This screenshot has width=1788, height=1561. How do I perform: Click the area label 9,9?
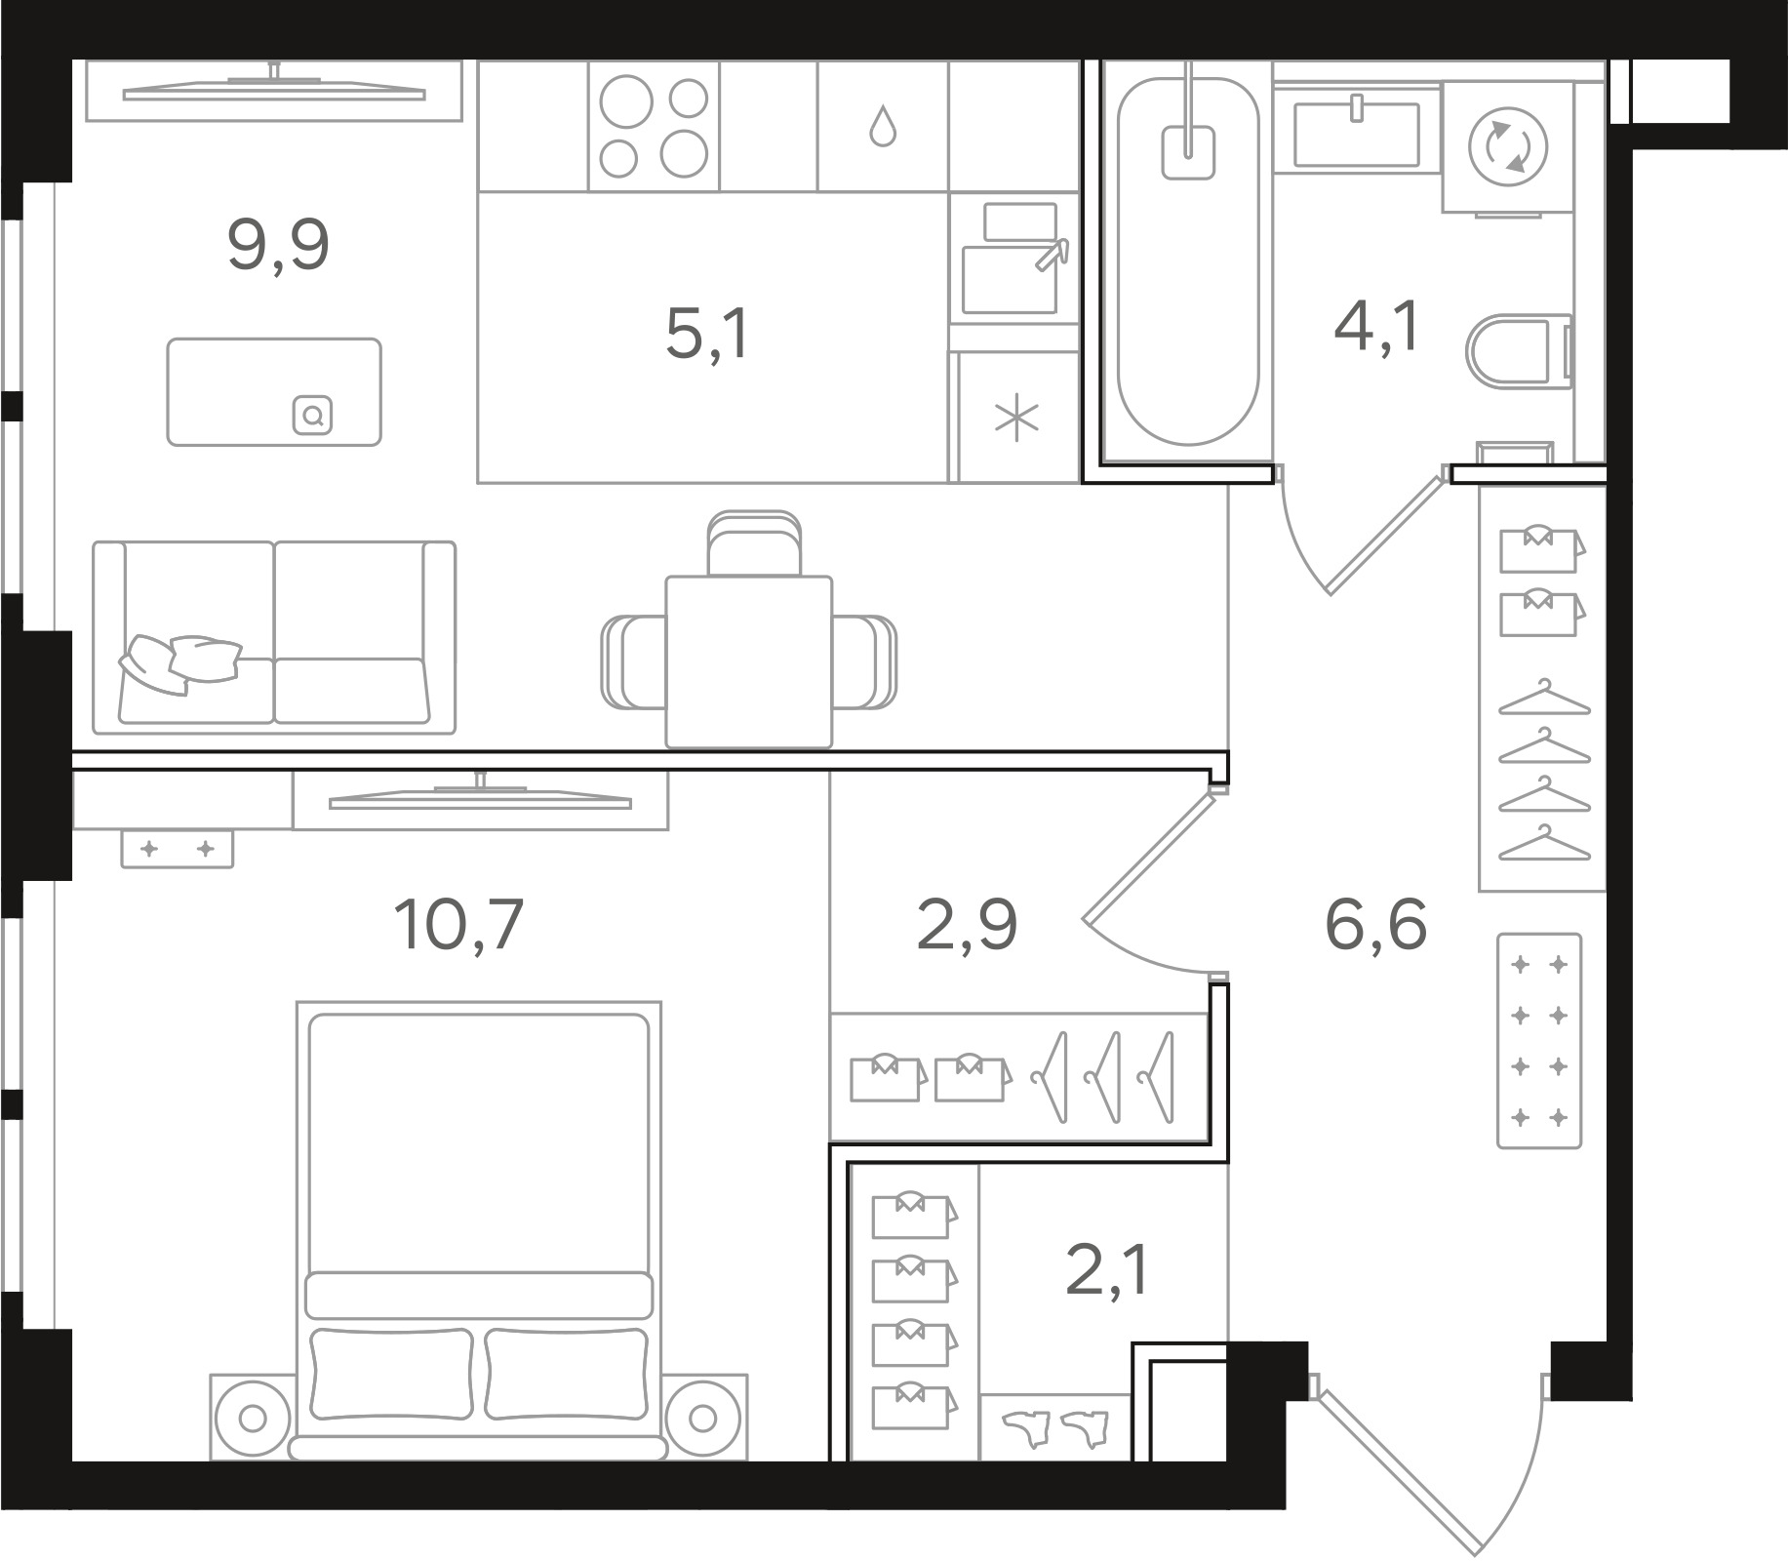tap(278, 246)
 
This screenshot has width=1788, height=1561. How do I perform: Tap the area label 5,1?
tap(707, 334)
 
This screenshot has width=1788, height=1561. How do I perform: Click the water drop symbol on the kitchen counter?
tap(883, 126)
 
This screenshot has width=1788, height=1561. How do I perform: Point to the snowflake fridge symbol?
tap(1016, 420)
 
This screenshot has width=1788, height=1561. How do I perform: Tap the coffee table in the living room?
tap(274, 392)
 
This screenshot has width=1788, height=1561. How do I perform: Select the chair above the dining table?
tap(755, 544)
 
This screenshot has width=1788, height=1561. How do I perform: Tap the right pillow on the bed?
tap(566, 1373)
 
